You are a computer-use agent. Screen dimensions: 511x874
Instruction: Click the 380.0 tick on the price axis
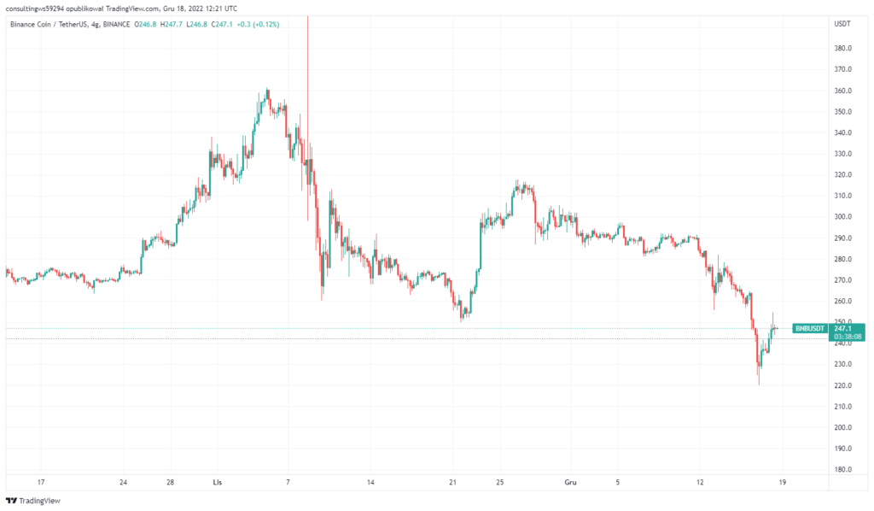click(x=844, y=49)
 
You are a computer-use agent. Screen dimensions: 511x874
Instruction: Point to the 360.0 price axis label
click(x=844, y=91)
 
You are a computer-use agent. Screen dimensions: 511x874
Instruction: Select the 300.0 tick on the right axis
click(x=844, y=217)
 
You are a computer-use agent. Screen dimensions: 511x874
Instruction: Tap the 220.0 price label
click(x=844, y=385)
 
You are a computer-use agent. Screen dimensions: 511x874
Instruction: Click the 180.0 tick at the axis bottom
click(x=844, y=469)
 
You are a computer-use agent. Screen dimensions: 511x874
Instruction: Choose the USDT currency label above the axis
click(x=842, y=23)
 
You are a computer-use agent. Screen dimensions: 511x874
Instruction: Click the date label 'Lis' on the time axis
click(x=218, y=482)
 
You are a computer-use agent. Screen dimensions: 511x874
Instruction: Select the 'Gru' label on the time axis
click(x=569, y=482)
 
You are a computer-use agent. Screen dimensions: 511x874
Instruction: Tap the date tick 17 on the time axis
click(x=40, y=482)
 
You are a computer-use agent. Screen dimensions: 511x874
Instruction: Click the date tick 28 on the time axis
click(x=171, y=482)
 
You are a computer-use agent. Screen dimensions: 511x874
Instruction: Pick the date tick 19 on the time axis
click(x=783, y=482)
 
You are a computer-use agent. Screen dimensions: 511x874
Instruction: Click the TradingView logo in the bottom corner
click(x=34, y=501)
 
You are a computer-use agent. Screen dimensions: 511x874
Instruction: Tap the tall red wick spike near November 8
click(x=307, y=68)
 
